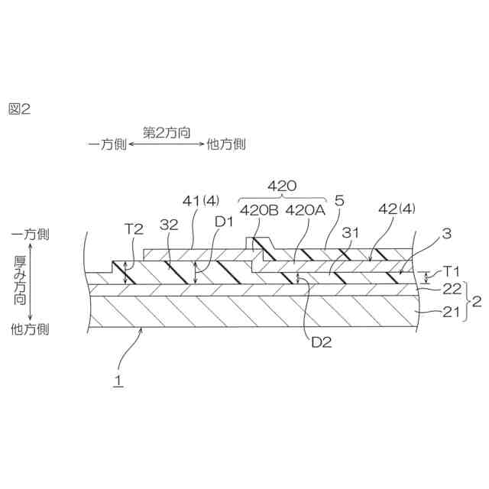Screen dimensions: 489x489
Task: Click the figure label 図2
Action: click(19, 109)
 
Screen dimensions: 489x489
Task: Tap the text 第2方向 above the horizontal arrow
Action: click(167, 131)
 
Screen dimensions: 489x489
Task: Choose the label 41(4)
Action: click(200, 201)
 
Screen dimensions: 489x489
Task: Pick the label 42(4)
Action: click(397, 208)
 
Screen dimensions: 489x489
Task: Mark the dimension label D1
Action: click(224, 222)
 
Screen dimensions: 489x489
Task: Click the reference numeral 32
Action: click(169, 226)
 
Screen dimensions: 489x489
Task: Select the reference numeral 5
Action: click(340, 201)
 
